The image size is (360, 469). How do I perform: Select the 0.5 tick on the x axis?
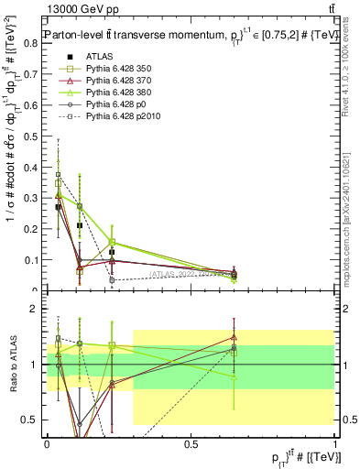coord(191,443)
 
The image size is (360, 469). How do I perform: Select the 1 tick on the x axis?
coord(334,443)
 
